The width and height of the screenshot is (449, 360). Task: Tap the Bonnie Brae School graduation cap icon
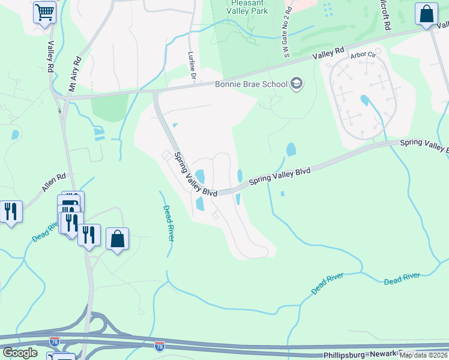pos(295,83)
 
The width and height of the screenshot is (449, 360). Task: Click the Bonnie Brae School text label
pos(251,84)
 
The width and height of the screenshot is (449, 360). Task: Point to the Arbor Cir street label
pos(362,55)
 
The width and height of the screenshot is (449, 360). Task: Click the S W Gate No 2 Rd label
pos(288,33)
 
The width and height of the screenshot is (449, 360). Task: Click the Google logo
pos(20,353)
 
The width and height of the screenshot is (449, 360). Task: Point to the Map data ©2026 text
pos(424,355)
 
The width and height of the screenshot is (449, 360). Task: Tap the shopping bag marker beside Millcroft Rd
pos(426,15)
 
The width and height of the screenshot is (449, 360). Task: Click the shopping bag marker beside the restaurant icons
pos(118,239)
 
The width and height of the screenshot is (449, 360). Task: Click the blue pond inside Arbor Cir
pos(364,100)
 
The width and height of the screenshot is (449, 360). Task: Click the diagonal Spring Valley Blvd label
pos(195,173)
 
